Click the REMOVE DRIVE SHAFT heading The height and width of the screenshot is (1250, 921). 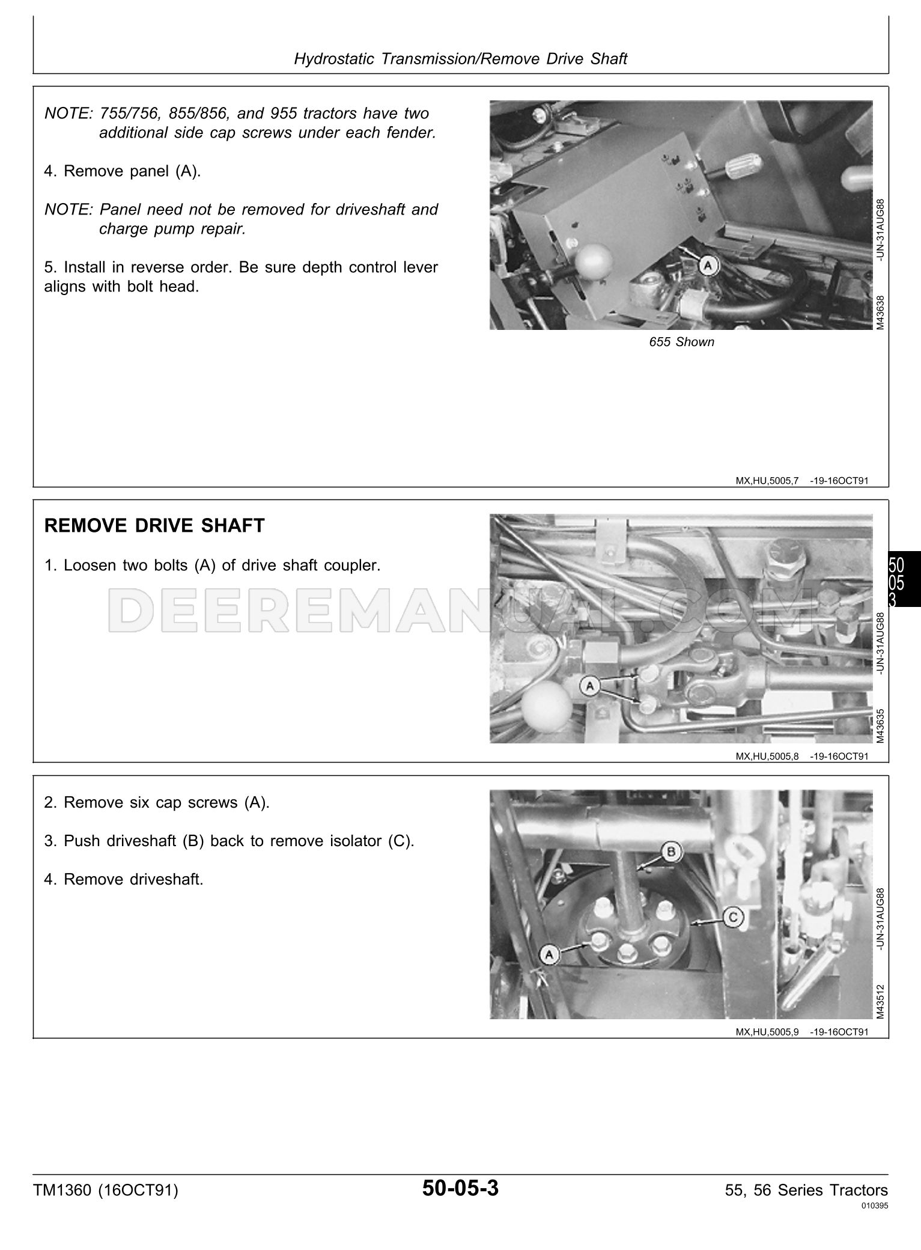coord(154,526)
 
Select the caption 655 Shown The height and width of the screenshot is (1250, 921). coord(681,342)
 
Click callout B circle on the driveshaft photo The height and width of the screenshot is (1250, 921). coord(671,851)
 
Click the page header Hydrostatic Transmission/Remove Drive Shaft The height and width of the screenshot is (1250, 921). coord(460,59)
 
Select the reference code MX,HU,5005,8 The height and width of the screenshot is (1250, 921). coord(767,756)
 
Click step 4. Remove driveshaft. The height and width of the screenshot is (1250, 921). coord(124,879)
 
